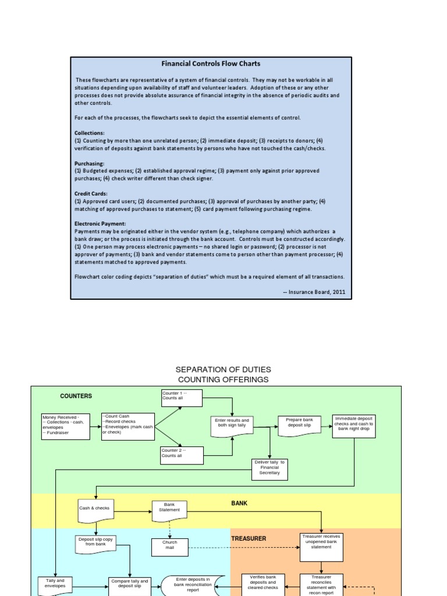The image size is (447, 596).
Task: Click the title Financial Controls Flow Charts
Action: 211,63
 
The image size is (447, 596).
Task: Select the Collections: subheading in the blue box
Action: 90,133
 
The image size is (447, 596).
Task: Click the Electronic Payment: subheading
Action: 100,223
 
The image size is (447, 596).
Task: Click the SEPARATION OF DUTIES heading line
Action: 223,370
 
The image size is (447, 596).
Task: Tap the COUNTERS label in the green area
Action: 76,396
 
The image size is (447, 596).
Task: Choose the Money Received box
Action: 66,426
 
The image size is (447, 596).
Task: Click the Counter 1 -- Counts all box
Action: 182,398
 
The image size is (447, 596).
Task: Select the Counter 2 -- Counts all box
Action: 182,455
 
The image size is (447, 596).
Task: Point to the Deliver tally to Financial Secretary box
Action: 269,468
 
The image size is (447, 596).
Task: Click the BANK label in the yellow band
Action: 239,503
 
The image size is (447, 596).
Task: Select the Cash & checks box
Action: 95,509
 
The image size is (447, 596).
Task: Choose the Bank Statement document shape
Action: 169,509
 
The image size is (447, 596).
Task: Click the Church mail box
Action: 169,545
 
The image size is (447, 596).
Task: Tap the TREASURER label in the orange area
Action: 249,539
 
